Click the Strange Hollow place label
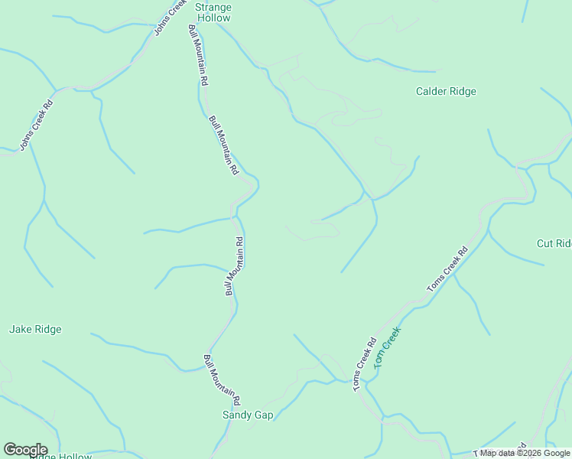(213, 12)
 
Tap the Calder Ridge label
(446, 91)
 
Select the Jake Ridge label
(35, 329)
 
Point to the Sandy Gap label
(248, 415)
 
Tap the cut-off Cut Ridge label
(554, 243)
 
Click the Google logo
(25, 450)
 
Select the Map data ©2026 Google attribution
(525, 453)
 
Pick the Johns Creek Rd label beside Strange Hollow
(170, 17)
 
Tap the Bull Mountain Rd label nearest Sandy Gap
(223, 379)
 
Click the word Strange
(213, 7)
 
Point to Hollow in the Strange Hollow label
(213, 18)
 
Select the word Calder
(431, 91)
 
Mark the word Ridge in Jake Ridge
(47, 329)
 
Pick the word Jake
(20, 329)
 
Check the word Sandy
(237, 415)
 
